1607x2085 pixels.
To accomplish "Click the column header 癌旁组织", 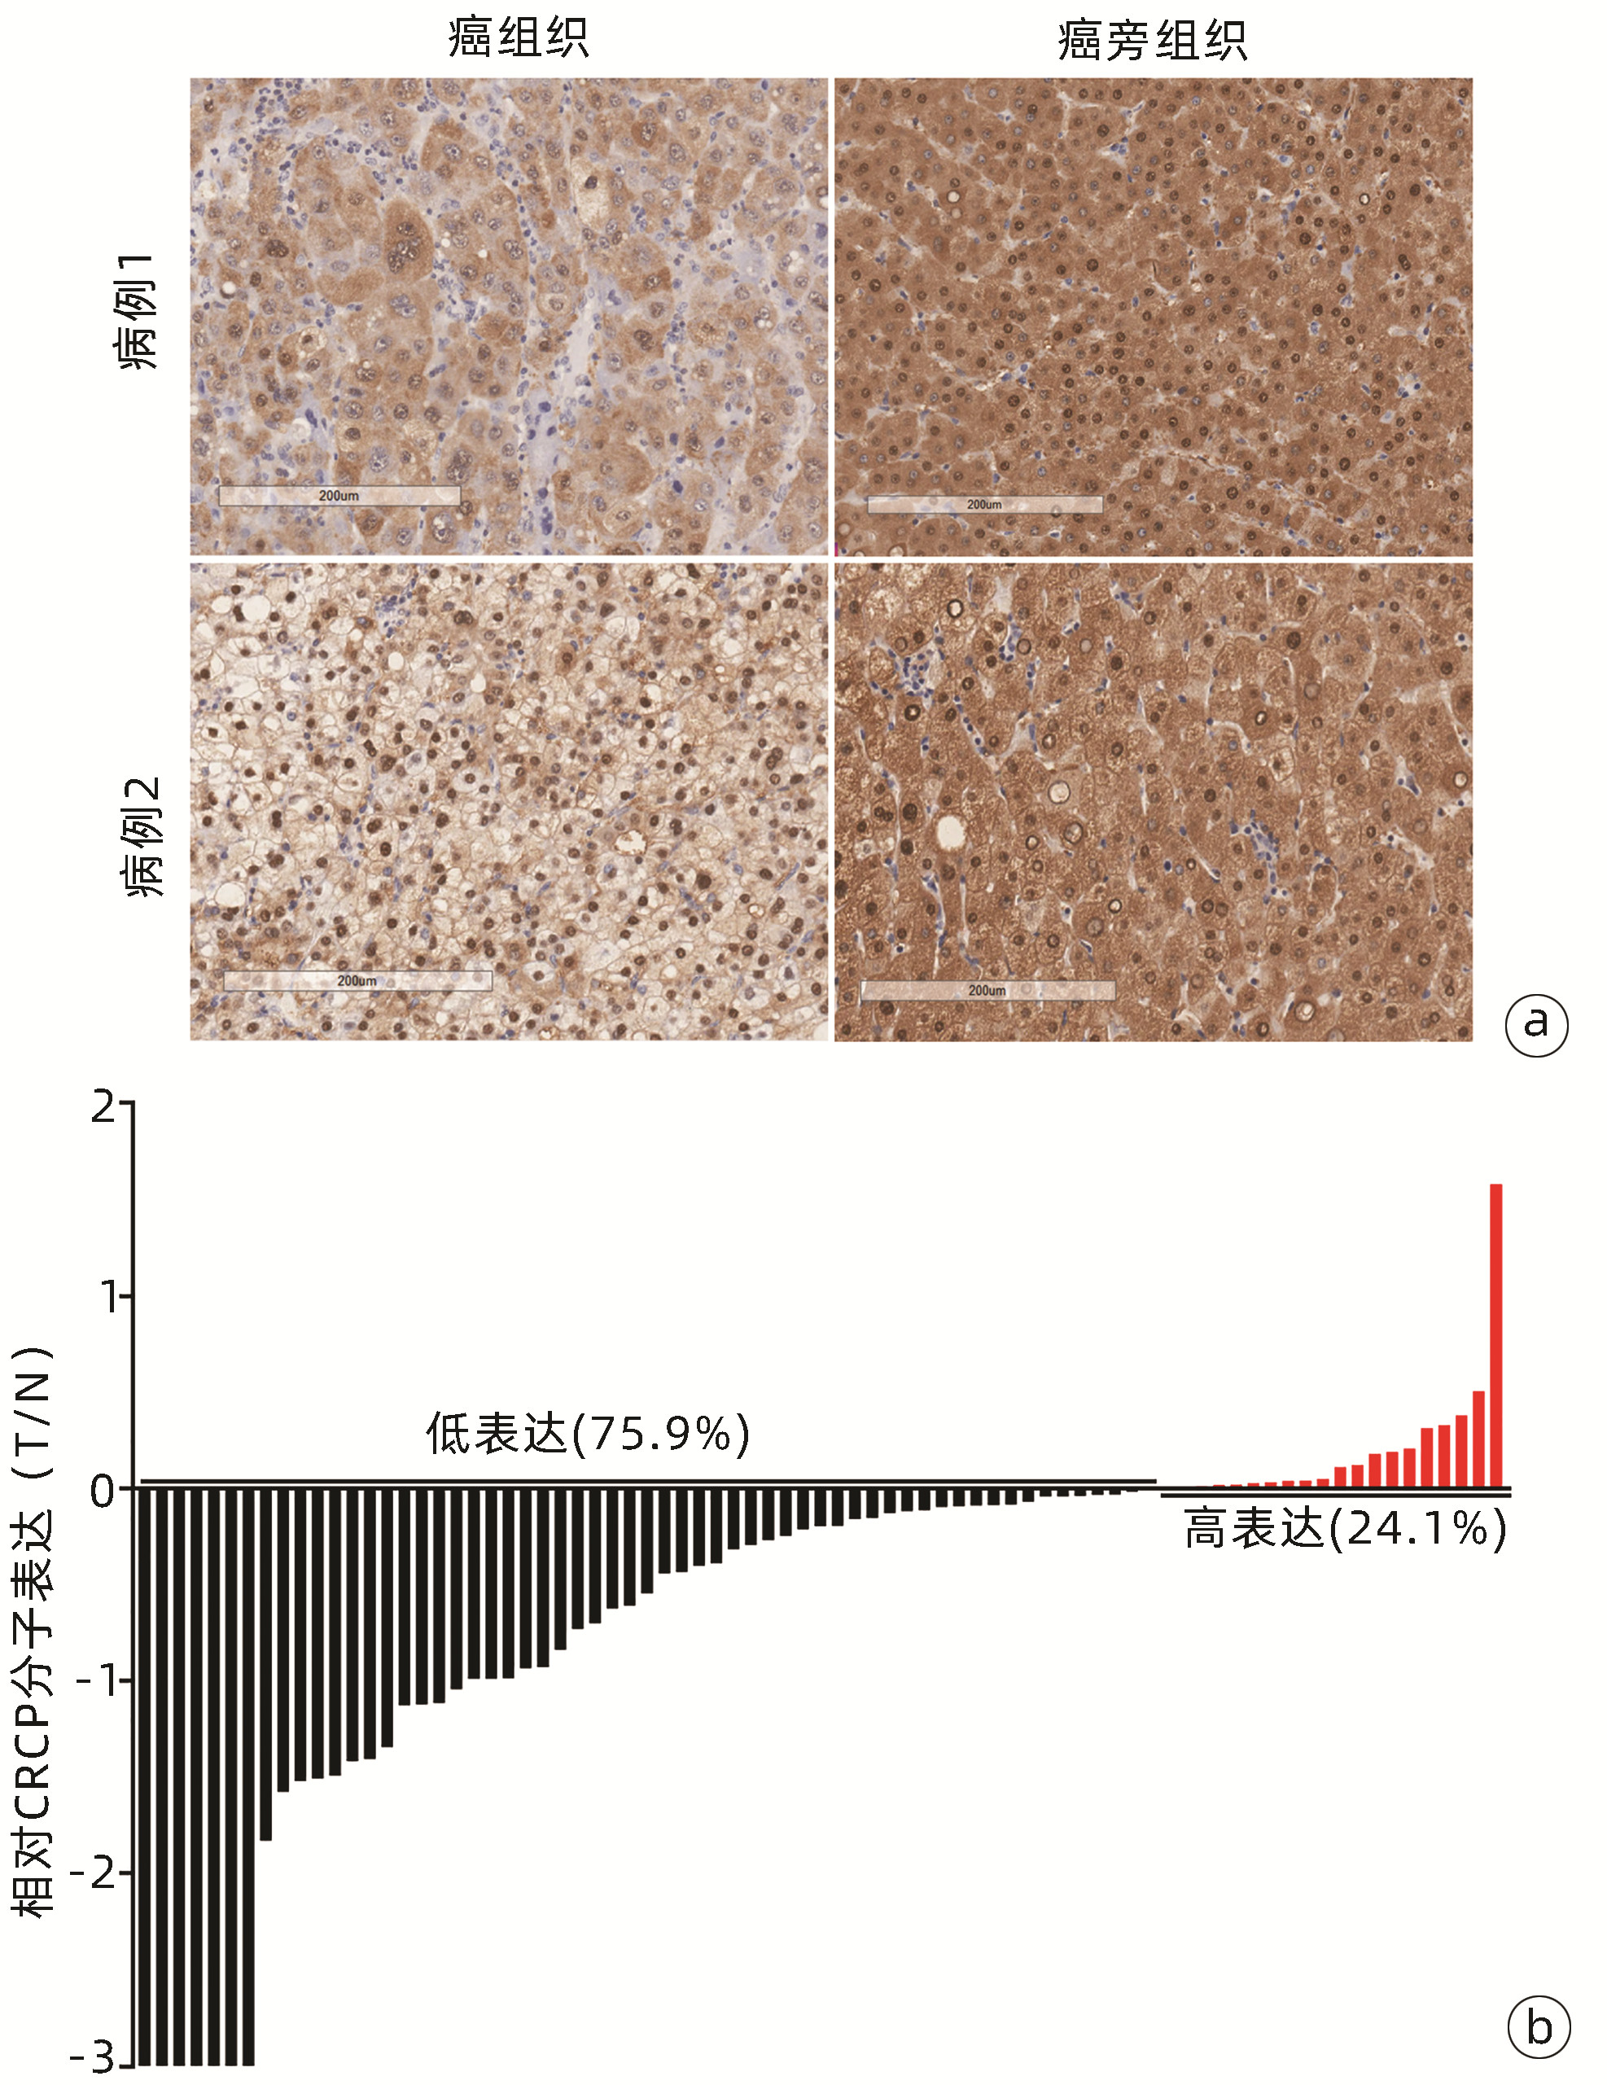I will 1152,40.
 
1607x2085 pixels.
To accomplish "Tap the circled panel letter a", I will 1535,1024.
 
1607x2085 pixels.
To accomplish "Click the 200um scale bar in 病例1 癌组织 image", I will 339,496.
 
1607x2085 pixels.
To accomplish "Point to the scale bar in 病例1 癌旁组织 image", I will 983,504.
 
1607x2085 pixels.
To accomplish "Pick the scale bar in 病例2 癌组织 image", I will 357,980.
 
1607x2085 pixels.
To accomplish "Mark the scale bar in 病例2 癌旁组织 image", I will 987,990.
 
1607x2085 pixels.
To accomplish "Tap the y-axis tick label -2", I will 95,1873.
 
